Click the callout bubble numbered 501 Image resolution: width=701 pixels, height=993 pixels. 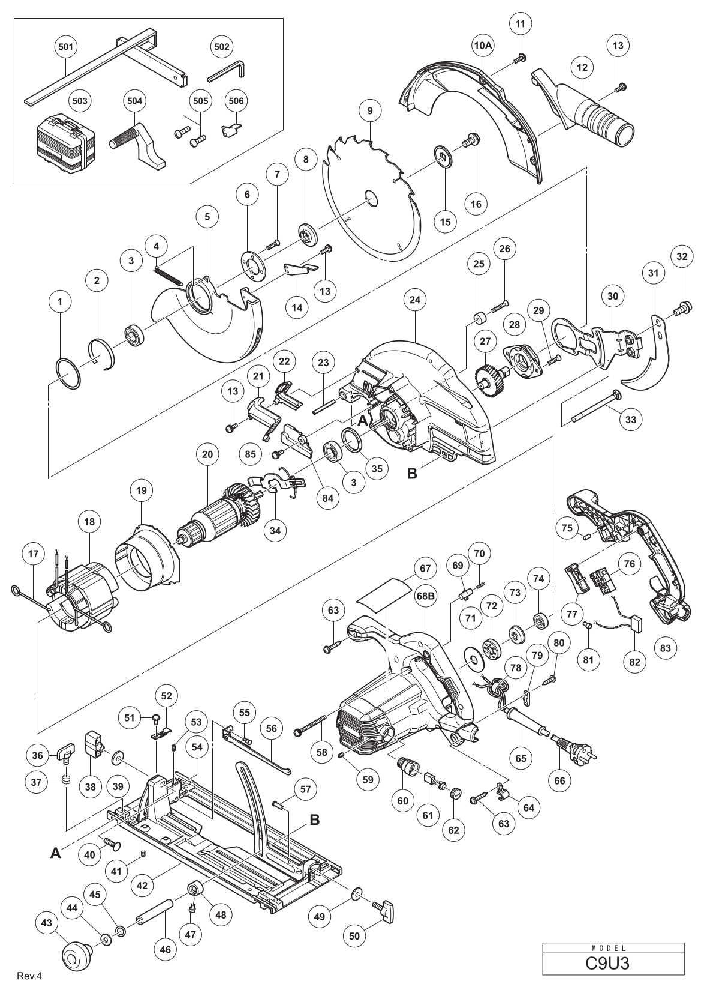point(65,46)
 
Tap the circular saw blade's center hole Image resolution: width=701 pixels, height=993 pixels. point(370,198)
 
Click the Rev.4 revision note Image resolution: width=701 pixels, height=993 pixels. point(30,976)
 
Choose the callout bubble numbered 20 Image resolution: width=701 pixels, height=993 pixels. point(207,456)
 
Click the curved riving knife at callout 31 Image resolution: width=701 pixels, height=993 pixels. point(646,360)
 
